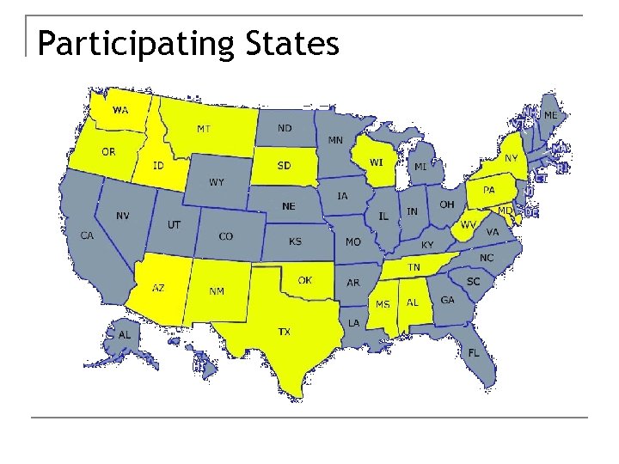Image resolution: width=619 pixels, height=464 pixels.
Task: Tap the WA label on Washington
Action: pos(120,110)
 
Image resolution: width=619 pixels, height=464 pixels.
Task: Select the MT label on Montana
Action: pos(204,129)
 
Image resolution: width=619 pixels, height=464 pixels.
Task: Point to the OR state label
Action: pos(108,151)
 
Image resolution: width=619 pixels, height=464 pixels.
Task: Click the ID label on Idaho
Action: pos(158,165)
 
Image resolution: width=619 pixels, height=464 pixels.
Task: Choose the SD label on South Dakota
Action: pos(283,165)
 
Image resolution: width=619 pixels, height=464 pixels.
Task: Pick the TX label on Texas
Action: pos(284,331)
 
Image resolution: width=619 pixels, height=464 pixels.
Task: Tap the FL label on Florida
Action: pos(474,353)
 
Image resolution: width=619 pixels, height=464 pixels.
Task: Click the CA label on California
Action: pos(87,235)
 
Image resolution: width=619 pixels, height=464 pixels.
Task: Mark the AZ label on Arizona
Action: pos(158,288)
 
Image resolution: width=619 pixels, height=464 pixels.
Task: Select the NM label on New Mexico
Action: pos(217,291)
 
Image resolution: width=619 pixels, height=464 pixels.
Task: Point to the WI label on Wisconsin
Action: pos(377,162)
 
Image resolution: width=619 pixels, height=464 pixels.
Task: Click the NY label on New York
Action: pos(511,158)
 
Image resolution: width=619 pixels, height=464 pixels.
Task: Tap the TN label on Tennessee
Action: pos(414,267)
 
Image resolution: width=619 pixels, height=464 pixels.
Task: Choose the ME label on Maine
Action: pos(550,114)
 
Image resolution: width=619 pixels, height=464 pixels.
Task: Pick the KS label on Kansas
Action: pos(295,241)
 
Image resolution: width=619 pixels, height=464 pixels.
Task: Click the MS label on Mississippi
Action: pos(383,304)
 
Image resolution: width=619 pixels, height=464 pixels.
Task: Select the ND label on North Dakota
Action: pos(285,128)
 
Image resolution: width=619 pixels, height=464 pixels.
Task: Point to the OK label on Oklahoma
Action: pos(305,280)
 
